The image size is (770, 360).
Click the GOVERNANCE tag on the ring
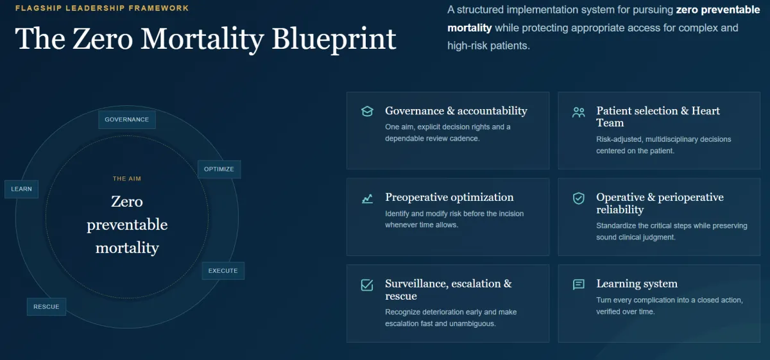click(127, 119)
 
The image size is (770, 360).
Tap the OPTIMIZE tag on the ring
click(219, 169)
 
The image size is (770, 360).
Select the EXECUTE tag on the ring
click(223, 271)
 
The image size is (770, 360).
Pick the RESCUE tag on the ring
click(46, 307)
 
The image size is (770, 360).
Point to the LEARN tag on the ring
click(21, 189)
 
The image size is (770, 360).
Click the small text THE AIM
click(127, 179)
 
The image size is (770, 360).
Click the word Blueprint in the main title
click(334, 39)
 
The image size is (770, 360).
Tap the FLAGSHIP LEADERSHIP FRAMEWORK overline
click(102, 8)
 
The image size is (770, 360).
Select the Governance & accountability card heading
click(456, 111)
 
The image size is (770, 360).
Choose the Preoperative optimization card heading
click(449, 197)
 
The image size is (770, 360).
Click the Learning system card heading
click(637, 284)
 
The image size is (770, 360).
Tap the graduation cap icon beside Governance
click(367, 112)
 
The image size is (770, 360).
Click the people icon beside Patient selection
click(579, 112)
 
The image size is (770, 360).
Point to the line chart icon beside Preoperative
click(367, 199)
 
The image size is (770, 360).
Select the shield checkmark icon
click(579, 198)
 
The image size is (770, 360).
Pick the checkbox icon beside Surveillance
click(367, 285)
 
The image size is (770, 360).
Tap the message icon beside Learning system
click(579, 285)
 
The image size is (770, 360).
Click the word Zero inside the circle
click(127, 201)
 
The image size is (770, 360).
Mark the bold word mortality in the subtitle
click(470, 28)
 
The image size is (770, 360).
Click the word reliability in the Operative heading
click(620, 210)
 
